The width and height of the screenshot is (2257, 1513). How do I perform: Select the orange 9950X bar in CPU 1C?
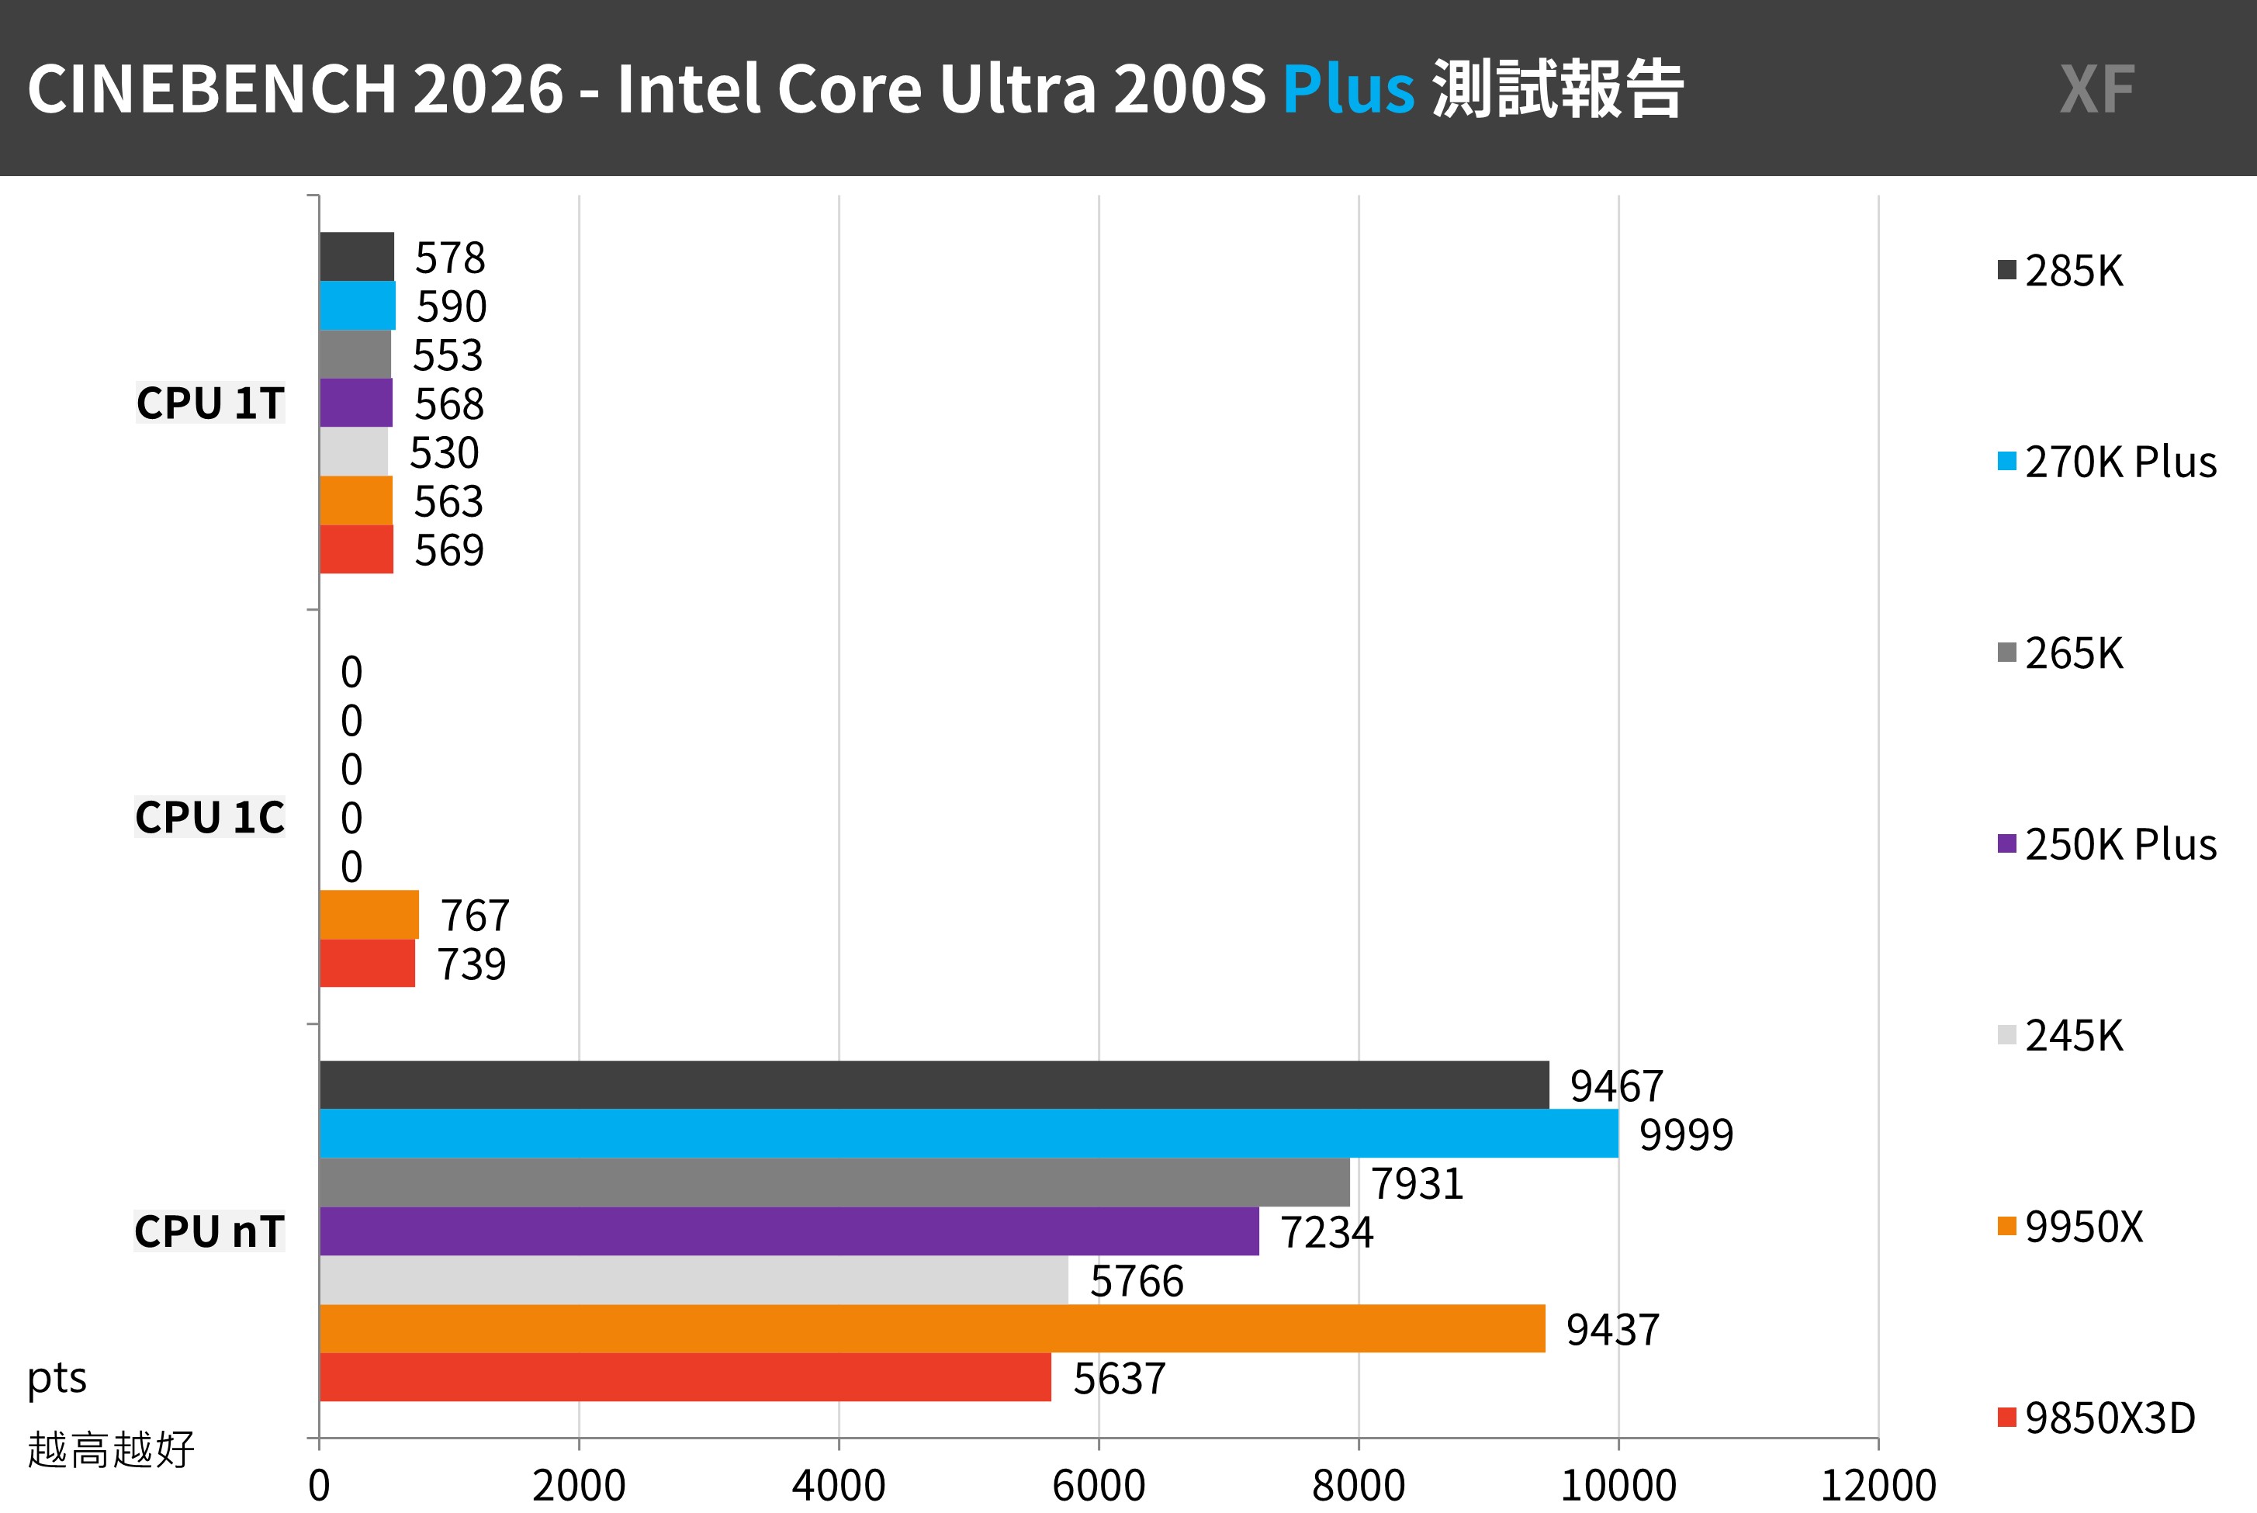(369, 914)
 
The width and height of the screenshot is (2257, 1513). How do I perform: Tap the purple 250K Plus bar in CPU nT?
(788, 1231)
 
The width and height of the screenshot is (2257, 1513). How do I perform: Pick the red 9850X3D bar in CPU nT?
(684, 1377)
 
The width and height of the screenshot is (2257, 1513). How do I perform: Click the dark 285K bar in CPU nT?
(933, 1085)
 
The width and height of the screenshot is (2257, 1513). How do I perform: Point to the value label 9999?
(1686, 1134)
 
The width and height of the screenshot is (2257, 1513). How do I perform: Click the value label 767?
(475, 916)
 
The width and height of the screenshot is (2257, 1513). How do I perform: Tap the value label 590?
(451, 306)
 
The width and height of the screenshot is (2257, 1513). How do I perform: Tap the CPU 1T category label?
(210, 403)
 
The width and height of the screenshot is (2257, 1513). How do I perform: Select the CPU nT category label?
(209, 1231)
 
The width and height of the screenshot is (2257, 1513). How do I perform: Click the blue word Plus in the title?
(1347, 88)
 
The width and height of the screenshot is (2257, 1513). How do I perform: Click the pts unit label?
(57, 1378)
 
